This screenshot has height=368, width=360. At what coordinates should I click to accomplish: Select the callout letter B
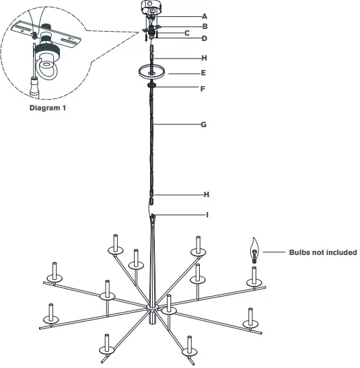(205, 26)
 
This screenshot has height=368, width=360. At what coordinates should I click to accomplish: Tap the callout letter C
(187, 32)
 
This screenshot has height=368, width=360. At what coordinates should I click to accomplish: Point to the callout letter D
(205, 38)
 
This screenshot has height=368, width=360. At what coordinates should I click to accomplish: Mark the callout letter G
(205, 124)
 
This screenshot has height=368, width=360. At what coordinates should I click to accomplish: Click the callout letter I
(207, 215)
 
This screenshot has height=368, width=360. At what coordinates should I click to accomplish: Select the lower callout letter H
(207, 194)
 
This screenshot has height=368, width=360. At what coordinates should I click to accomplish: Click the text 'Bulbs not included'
(322, 253)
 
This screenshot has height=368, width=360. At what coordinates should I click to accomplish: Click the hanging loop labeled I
(153, 217)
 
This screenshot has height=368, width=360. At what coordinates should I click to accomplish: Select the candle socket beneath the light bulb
(254, 275)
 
